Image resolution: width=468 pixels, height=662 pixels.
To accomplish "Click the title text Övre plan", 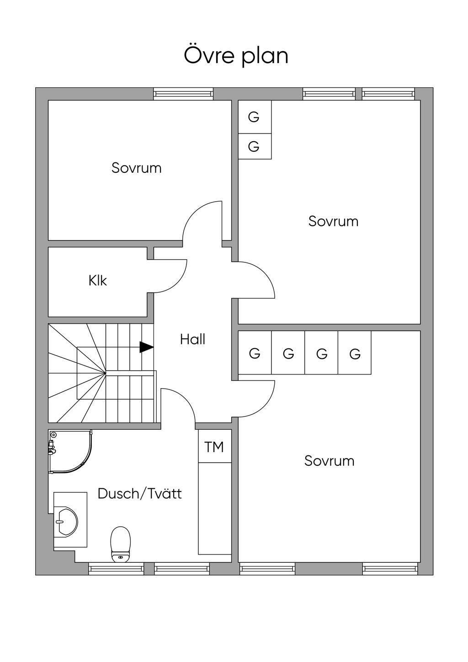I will point(236,55).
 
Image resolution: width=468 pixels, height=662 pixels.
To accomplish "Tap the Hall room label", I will point(192,339).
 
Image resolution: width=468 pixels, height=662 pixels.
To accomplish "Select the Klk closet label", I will point(97,280).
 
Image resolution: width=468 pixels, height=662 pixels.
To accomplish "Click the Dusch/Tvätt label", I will point(139,494).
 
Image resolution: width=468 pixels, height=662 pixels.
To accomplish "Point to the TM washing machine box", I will point(214,447).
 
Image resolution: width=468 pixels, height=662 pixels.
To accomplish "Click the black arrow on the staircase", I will point(146,347).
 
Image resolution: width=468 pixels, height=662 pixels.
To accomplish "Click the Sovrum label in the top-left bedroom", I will point(136,168).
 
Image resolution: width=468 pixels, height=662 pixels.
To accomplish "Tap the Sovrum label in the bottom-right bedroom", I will point(329,460).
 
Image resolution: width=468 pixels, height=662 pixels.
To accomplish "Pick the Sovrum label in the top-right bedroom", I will point(333,221).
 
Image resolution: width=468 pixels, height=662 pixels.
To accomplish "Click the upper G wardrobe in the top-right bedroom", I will point(254,117).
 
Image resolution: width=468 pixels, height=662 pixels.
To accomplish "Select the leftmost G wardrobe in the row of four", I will point(255,353).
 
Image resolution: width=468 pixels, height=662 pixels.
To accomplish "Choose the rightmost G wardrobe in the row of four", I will point(355,353).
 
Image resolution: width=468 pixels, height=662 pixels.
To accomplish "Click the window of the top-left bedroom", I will point(183,94).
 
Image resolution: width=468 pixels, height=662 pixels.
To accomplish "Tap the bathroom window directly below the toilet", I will point(116,569).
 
